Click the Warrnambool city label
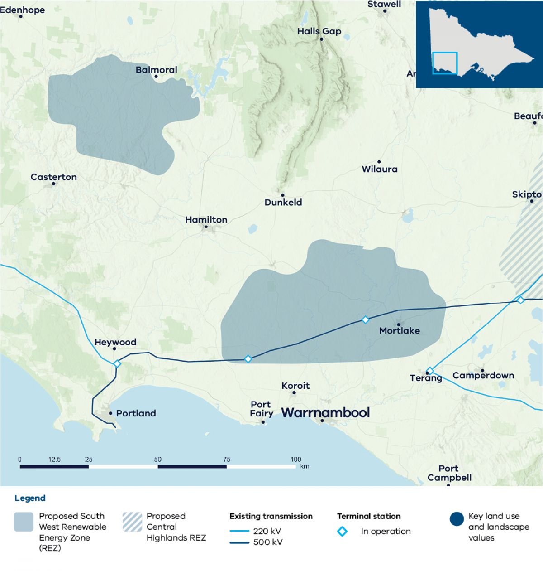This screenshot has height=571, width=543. tap(325, 412)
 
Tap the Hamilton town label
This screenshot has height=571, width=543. tap(206, 220)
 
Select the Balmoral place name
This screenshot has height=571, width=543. tap(157, 70)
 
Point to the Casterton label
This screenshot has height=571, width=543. tap(54, 177)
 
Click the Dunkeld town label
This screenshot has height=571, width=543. tap(283, 202)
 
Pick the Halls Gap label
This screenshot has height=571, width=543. tap(319, 31)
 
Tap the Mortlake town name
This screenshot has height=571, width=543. tap(400, 331)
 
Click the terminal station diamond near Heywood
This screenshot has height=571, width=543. tap(117, 363)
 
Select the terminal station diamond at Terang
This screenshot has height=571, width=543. tap(430, 371)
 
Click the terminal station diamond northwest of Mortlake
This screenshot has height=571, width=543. tap(365, 319)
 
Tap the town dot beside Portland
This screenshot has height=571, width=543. tap(110, 413)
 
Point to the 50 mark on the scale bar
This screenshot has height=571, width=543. tap(157, 459)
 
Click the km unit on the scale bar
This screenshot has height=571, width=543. tap(305, 466)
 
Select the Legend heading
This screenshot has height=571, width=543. tap(30, 498)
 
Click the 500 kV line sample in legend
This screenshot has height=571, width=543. tap(239, 542)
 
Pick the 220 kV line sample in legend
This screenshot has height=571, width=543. tap(239, 531)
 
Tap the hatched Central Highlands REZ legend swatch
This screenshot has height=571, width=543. tap(132, 522)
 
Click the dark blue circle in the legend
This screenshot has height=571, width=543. tap(457, 519)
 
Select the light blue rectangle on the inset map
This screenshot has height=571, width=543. tap(445, 63)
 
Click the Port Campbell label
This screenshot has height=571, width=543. tap(449, 473)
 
